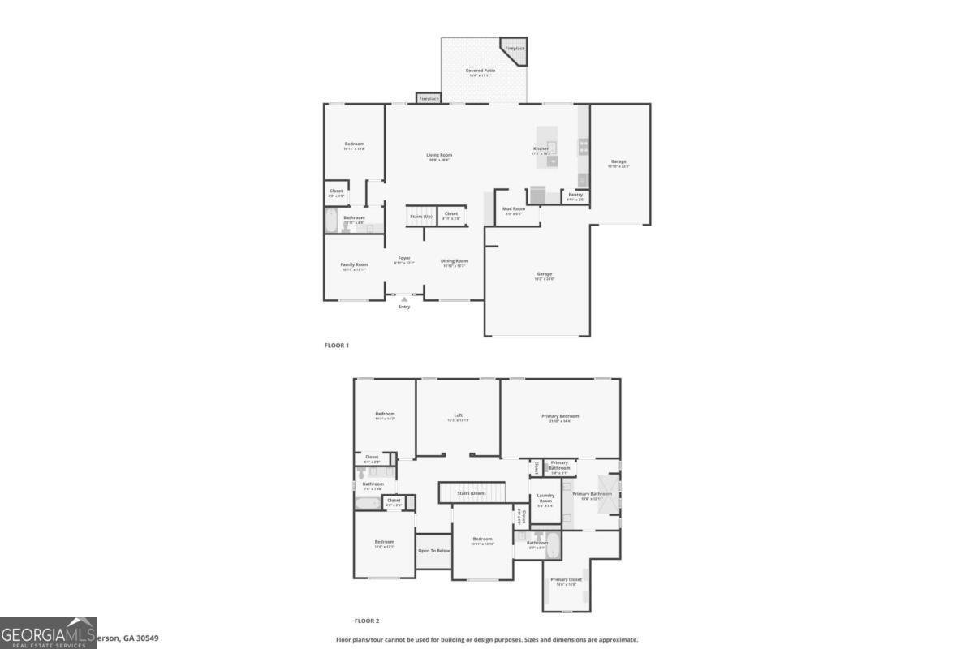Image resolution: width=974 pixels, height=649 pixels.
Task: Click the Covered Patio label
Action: click(481, 71)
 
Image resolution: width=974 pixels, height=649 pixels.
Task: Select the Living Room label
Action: click(440, 155)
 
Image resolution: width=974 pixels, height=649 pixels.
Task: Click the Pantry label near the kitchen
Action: click(575, 195)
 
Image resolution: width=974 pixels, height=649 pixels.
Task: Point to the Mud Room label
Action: click(513, 209)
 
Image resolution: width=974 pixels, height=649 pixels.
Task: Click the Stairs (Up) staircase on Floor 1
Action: click(420, 217)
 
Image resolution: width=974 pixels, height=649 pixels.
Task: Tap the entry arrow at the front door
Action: click(404, 300)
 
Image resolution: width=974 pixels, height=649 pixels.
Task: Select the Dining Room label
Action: click(454, 261)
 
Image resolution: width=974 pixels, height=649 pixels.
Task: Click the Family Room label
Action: click(354, 264)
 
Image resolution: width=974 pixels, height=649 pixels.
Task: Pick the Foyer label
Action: click(404, 259)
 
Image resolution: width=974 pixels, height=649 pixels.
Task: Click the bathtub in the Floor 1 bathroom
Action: click(331, 221)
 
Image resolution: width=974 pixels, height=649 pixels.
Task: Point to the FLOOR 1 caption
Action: click(336, 346)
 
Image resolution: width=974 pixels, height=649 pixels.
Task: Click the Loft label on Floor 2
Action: click(458, 416)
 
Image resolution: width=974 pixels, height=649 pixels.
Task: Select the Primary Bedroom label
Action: click(560, 416)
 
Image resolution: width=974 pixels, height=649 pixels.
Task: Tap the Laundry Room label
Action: click(545, 498)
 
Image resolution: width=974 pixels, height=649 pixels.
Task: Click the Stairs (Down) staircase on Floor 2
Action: click(472, 492)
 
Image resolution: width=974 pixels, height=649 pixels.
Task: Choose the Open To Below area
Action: click(433, 551)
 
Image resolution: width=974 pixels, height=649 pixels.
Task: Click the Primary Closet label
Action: click(566, 580)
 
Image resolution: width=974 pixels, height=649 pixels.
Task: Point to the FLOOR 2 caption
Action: click(365, 621)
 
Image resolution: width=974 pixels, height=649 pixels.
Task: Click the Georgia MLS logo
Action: click(49, 633)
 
